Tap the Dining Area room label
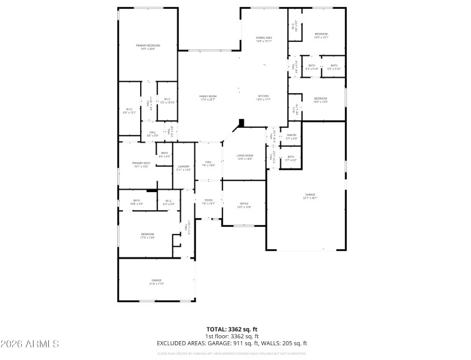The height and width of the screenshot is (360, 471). coord(264,39)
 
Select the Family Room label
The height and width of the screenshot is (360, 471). coord(208,98)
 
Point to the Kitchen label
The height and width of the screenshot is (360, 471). coord(263,98)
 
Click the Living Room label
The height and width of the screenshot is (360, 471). coord(244,157)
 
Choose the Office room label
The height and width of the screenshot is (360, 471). coord(244,205)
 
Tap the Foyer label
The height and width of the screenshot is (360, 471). coord(208,202)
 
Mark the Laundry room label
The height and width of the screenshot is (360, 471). coord(184,168)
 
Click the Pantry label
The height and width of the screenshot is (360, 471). coord(291,137)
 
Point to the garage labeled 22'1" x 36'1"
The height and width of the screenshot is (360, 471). coord(310,196)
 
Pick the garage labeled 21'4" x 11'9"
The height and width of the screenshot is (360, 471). coord(156,282)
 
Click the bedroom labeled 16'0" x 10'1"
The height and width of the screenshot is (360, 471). coord(321,35)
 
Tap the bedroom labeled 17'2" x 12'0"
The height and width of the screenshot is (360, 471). coord(147,236)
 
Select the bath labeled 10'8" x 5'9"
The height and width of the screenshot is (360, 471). coord(137,203)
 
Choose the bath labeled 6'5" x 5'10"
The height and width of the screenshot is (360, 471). coord(334,67)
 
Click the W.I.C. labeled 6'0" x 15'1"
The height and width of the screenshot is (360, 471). coord(130,110)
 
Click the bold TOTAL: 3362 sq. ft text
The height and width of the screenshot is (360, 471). coord(232,329)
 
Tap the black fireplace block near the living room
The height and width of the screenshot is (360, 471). coord(241,123)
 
